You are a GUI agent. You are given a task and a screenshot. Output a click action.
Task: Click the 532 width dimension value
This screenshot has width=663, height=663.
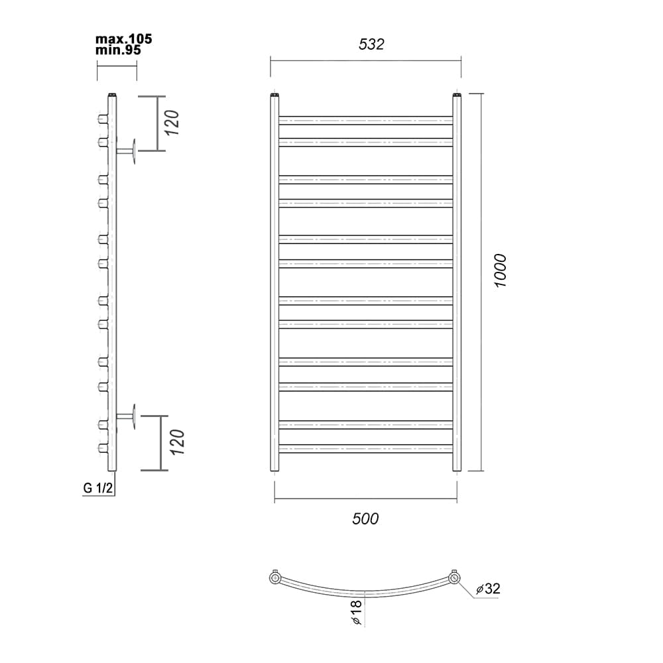[x=371, y=44]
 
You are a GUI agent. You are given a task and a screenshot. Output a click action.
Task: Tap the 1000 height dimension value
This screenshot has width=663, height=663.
[x=500, y=271]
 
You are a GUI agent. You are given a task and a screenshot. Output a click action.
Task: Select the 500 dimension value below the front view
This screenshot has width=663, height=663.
[x=365, y=519]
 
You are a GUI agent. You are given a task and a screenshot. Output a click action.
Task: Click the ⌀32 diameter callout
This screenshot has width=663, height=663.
[x=488, y=589]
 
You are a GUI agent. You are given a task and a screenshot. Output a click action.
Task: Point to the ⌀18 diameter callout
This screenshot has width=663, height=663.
[x=356, y=612]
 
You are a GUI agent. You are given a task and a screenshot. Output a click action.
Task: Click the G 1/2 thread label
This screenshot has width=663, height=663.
[x=98, y=488]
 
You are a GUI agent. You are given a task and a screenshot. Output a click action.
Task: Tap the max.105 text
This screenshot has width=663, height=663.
[x=123, y=39]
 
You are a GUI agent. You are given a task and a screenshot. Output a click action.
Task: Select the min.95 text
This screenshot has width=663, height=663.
[x=118, y=50]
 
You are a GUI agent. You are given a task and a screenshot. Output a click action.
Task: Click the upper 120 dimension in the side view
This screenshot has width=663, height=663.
[x=172, y=123]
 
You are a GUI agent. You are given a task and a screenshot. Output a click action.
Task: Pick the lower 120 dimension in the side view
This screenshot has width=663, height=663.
[x=177, y=442]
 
